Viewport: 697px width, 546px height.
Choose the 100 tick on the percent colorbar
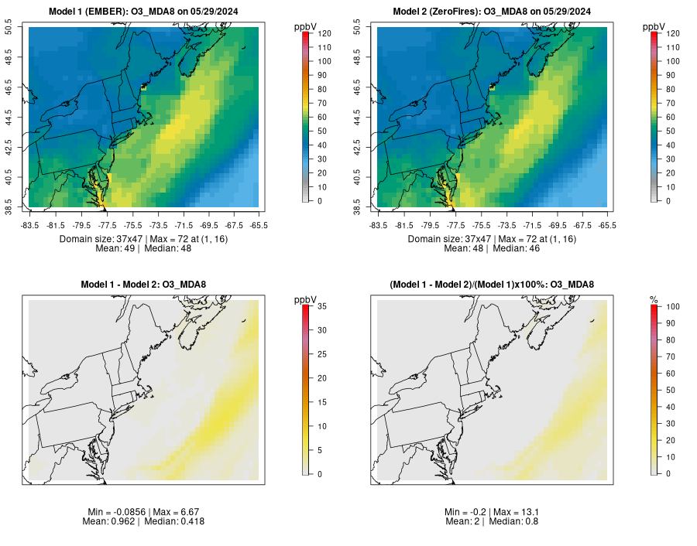click(x=671, y=307)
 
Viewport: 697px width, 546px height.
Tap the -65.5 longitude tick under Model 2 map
click(x=608, y=225)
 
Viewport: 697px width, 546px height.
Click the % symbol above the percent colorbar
click(x=654, y=299)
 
